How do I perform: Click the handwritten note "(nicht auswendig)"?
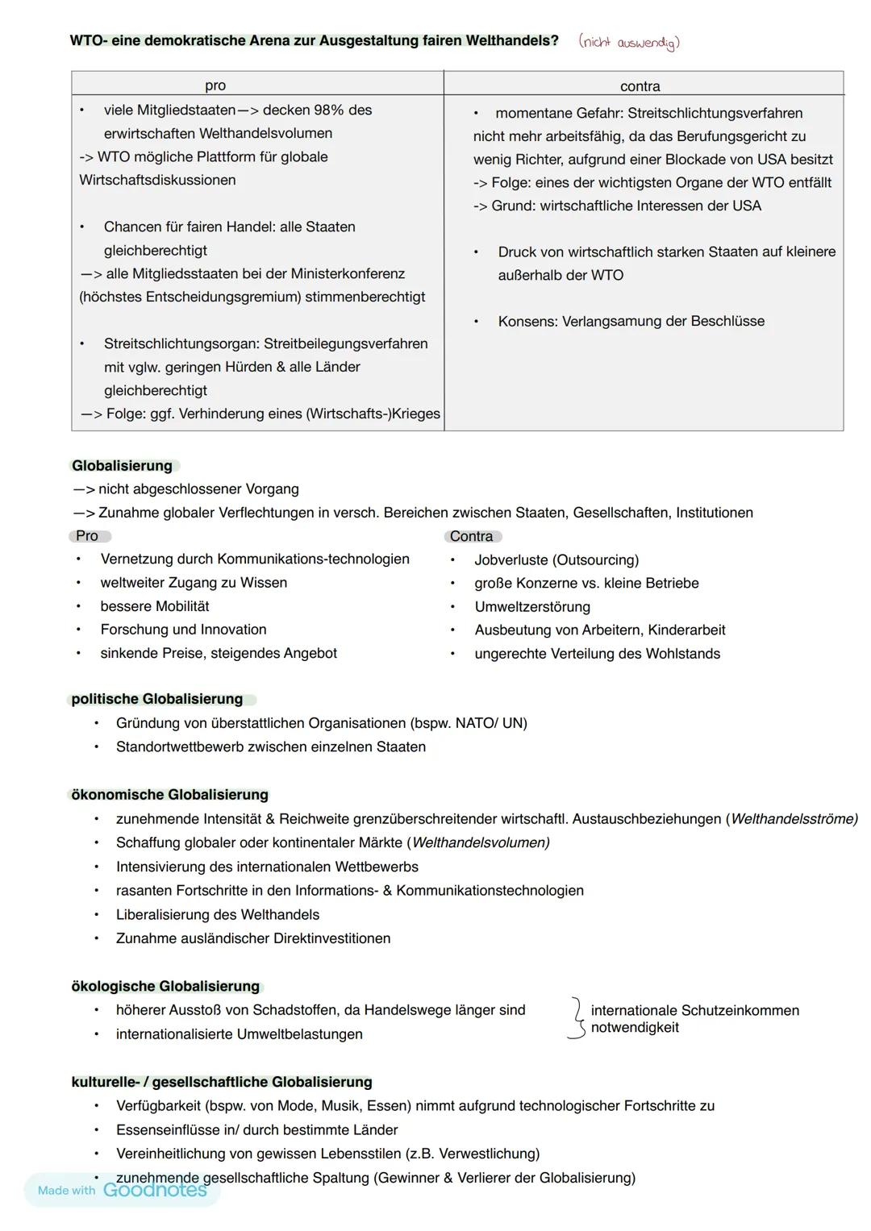tap(629, 43)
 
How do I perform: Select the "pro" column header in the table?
tap(215, 85)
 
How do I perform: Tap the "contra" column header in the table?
tap(640, 86)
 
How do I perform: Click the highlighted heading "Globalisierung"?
tap(123, 466)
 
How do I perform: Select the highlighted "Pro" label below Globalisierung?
tap(87, 536)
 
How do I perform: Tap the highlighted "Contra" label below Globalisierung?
tap(472, 537)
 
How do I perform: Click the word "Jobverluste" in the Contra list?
tap(511, 560)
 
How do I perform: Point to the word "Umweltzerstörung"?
tap(532, 607)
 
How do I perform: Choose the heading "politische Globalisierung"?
tap(157, 700)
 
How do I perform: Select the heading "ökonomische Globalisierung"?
tap(170, 796)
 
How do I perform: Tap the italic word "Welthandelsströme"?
tap(792, 819)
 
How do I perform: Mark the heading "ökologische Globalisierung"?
tap(166, 987)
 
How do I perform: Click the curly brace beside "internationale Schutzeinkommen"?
tap(576, 1019)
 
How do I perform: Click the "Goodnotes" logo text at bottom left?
tap(155, 1191)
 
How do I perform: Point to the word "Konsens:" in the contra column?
tap(527, 322)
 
